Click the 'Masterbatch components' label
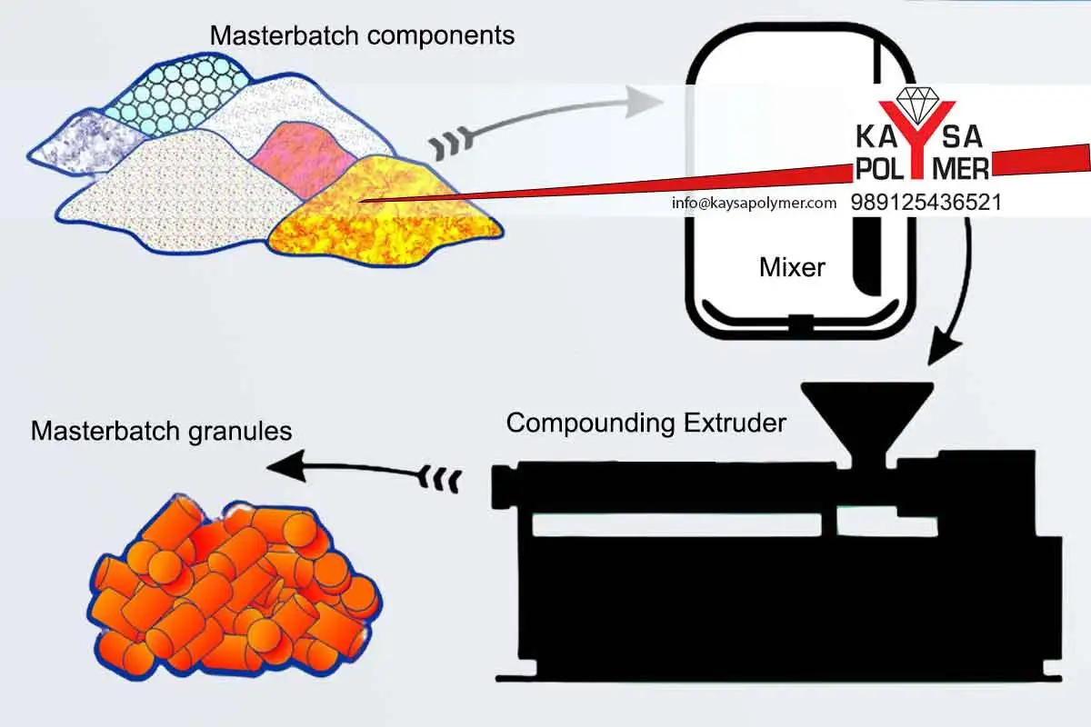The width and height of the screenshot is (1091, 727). click(x=362, y=35)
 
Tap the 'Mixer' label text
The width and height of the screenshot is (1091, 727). click(x=792, y=267)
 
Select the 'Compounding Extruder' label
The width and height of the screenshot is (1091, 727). click(x=646, y=423)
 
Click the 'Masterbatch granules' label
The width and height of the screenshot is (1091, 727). click(x=161, y=430)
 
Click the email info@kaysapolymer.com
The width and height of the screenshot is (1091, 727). click(x=754, y=203)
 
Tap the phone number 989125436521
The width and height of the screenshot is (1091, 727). click(x=926, y=202)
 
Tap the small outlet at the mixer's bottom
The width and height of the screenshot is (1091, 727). click(x=800, y=322)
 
